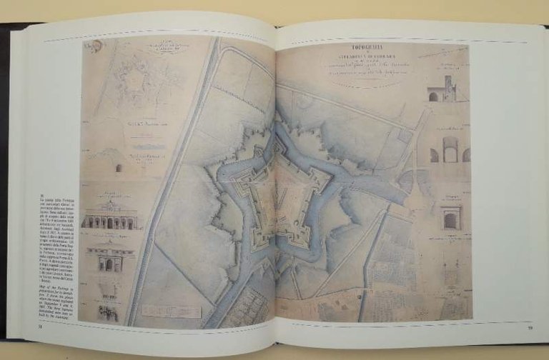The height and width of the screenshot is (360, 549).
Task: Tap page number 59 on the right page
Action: click(529, 328)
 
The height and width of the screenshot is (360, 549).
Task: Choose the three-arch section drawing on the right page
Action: click(450, 152)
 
